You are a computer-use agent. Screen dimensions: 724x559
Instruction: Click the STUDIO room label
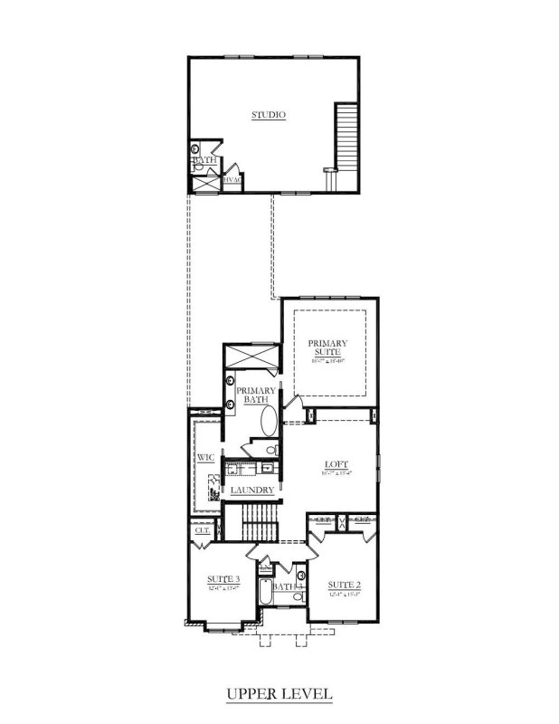(268, 115)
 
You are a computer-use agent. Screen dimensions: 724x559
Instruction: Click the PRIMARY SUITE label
(327, 349)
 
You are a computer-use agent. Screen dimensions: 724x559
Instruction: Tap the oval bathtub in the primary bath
(270, 422)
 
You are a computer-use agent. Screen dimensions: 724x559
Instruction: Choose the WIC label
(204, 459)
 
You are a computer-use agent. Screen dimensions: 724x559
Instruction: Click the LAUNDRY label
(252, 491)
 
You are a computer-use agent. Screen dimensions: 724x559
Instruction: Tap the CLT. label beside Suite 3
(202, 531)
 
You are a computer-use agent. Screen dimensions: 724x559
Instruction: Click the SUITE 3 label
(223, 579)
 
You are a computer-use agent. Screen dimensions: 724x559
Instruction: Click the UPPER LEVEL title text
(279, 694)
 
